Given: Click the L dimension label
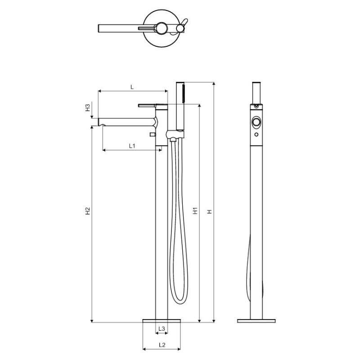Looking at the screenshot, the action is click(132, 87).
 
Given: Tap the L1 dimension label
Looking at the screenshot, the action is click(132, 146).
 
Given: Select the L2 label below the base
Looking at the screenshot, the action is click(162, 345).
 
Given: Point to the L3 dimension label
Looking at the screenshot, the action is click(162, 328).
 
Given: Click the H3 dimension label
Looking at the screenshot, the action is click(88, 108).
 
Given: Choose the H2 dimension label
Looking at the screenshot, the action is click(88, 211).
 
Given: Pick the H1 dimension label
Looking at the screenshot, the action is click(195, 211).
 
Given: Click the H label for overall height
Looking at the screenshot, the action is click(209, 211).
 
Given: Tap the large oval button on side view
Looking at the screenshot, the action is click(256, 122).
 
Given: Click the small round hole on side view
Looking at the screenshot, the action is click(256, 135).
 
